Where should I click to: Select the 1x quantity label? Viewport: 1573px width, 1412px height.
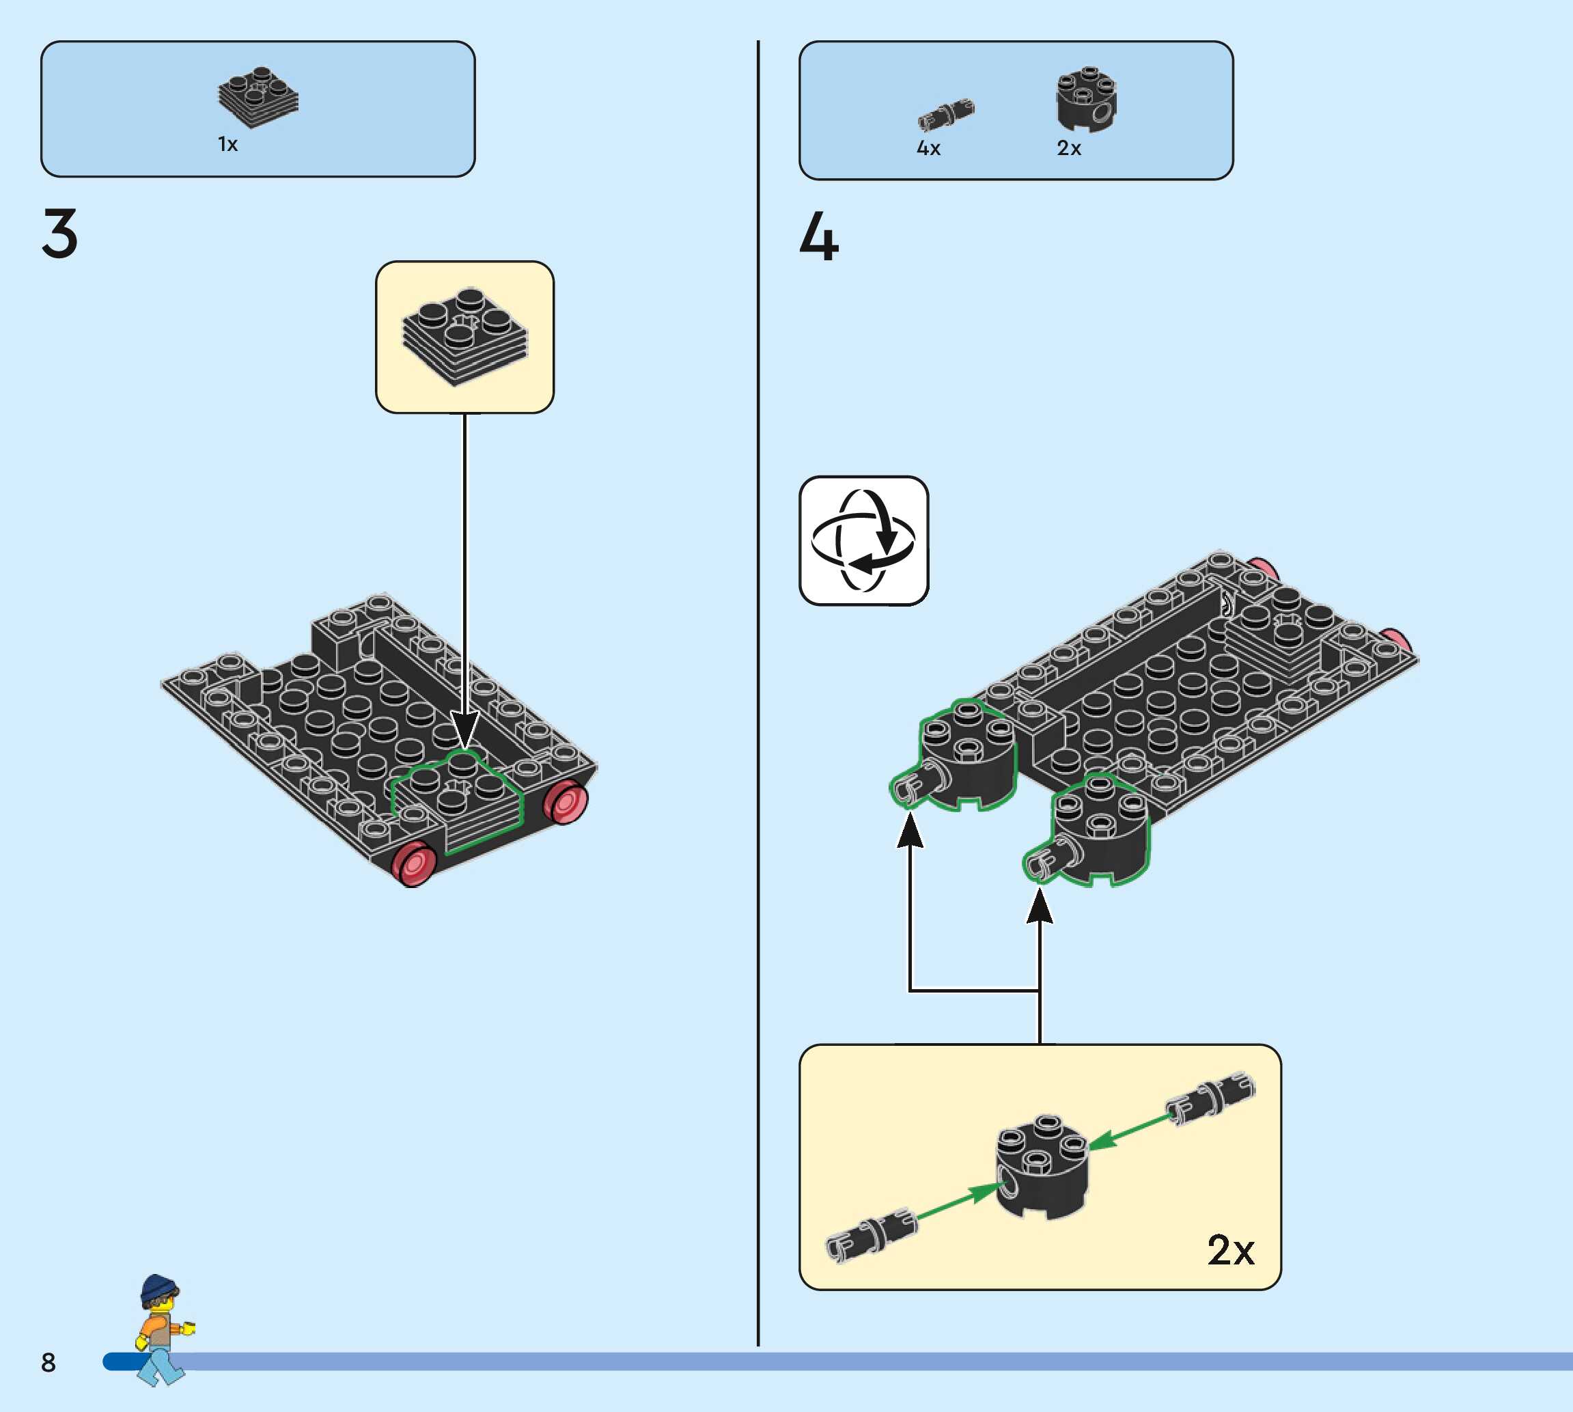pyautogui.click(x=227, y=144)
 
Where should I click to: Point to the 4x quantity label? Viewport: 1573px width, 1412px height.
pyautogui.click(x=928, y=148)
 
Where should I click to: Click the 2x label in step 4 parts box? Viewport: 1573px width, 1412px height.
pyautogui.click(x=1068, y=148)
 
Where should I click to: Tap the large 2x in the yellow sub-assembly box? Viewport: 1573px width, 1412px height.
pyautogui.click(x=1230, y=1250)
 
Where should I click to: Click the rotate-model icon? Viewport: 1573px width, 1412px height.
pyautogui.click(x=863, y=541)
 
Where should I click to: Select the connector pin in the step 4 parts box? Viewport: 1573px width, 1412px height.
pyautogui.click(x=945, y=115)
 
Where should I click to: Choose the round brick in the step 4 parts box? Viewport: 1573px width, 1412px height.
pyautogui.click(x=1086, y=98)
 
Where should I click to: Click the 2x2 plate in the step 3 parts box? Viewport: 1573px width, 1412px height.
pyautogui.click(x=258, y=97)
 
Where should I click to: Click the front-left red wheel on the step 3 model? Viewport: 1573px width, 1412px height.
pyautogui.click(x=413, y=863)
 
